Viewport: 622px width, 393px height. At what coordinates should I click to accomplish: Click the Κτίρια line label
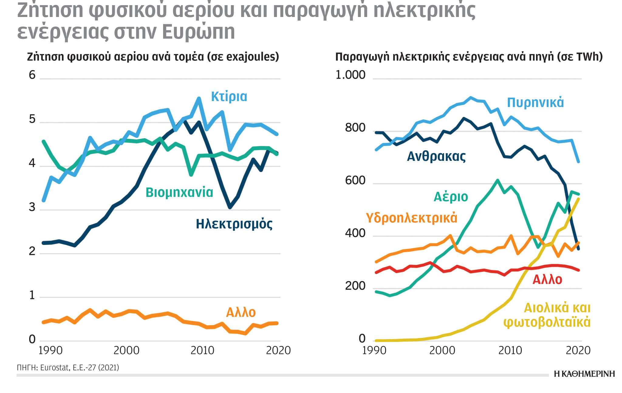229,97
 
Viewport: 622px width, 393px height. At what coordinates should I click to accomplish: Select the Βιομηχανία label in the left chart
179,192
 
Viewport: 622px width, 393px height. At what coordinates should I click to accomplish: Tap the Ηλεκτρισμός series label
234,224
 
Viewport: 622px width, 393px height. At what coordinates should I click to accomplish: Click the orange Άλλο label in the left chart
241,312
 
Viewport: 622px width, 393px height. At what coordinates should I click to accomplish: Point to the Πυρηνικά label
535,103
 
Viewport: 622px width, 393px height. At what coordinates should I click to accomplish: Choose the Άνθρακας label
436,156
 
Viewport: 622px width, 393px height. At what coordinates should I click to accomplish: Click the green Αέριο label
451,197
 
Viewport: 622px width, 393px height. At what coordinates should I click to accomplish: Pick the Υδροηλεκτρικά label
411,218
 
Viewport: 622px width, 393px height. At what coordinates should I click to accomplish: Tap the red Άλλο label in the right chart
547,280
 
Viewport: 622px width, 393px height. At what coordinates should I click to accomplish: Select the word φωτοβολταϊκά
547,322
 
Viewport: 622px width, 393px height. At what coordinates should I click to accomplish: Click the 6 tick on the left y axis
32,75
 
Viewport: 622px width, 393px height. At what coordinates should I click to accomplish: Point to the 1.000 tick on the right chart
350,75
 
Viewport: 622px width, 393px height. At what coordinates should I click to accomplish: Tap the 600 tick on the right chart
355,181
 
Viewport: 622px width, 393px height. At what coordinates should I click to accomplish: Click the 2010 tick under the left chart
202,351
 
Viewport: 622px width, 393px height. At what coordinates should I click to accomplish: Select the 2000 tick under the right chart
442,351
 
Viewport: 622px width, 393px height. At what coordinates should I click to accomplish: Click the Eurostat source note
68,368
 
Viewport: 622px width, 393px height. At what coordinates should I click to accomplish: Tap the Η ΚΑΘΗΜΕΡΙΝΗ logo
584,374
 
